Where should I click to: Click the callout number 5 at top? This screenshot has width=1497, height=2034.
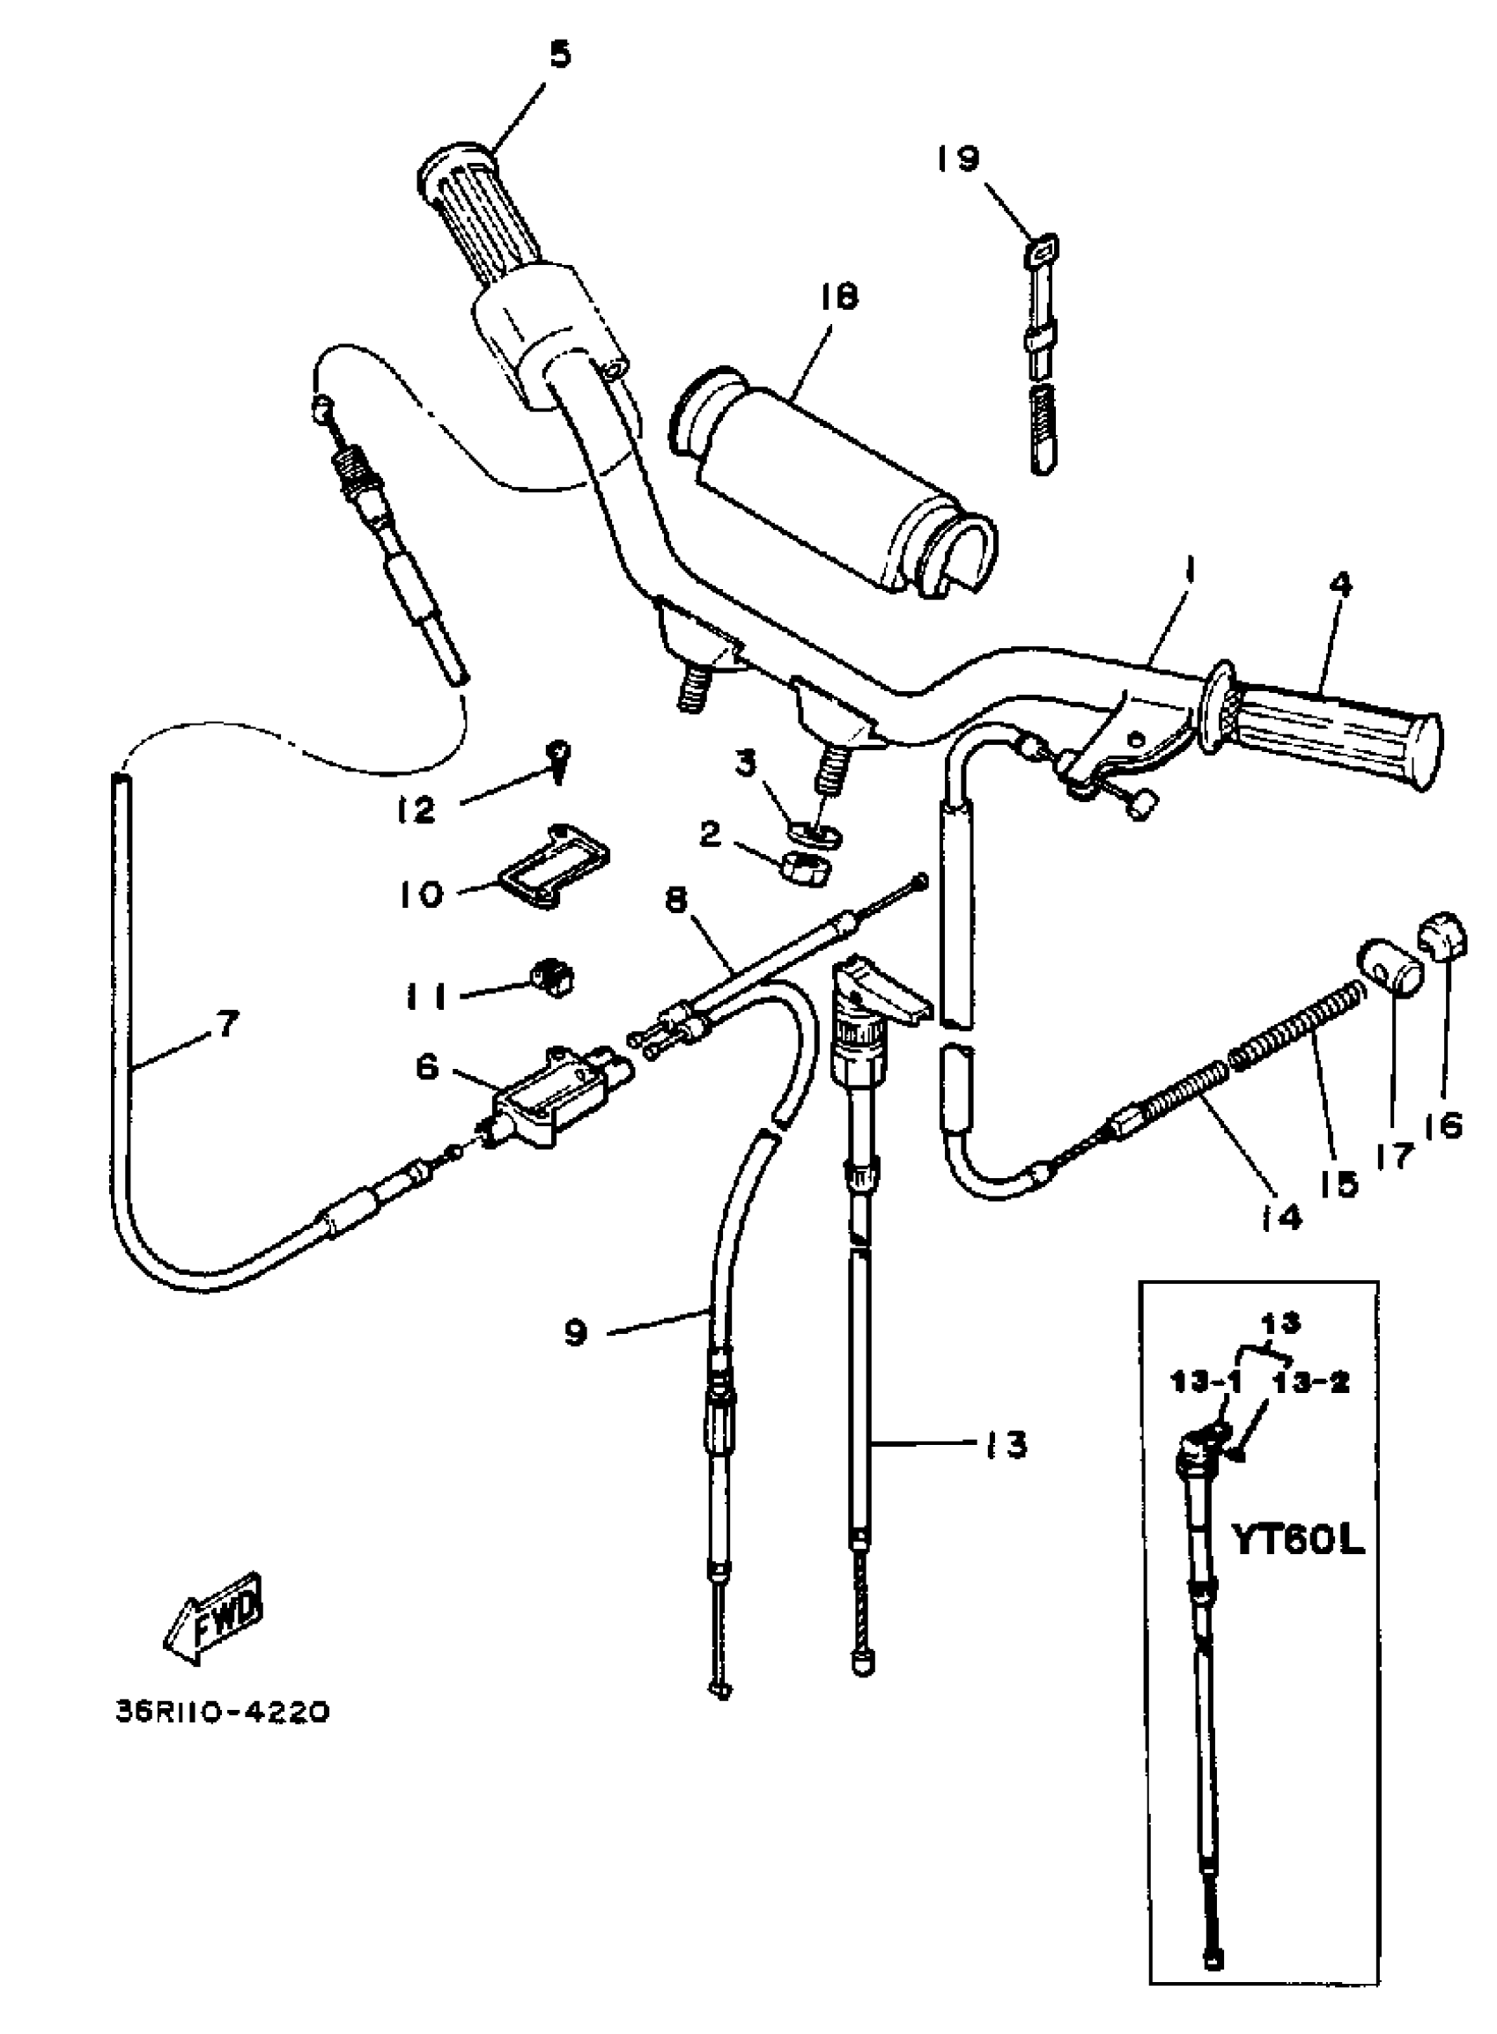(x=560, y=56)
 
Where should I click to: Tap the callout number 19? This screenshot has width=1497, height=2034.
(x=959, y=159)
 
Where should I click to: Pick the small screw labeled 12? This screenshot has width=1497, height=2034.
(x=559, y=755)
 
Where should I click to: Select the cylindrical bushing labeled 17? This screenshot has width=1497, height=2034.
(x=1391, y=969)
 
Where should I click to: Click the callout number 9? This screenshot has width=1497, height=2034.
(x=575, y=1332)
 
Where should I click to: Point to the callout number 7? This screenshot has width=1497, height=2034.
(x=225, y=1026)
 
